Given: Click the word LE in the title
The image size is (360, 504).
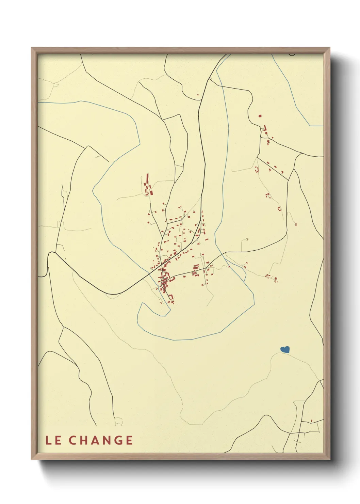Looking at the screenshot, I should pyautogui.click(x=54, y=440).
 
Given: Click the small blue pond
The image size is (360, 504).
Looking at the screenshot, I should pyautogui.click(x=285, y=349).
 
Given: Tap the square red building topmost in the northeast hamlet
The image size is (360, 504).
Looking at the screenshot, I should pyautogui.click(x=260, y=116).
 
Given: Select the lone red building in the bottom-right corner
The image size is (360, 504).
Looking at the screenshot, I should pyautogui.click(x=312, y=421).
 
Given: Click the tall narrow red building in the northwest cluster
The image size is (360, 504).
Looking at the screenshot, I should pyautogui.click(x=147, y=178).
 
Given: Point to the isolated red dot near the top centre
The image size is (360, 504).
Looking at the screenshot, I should pyautogui.click(x=197, y=94).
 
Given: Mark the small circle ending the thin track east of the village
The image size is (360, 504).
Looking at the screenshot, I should pyautogui.click(x=247, y=239).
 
